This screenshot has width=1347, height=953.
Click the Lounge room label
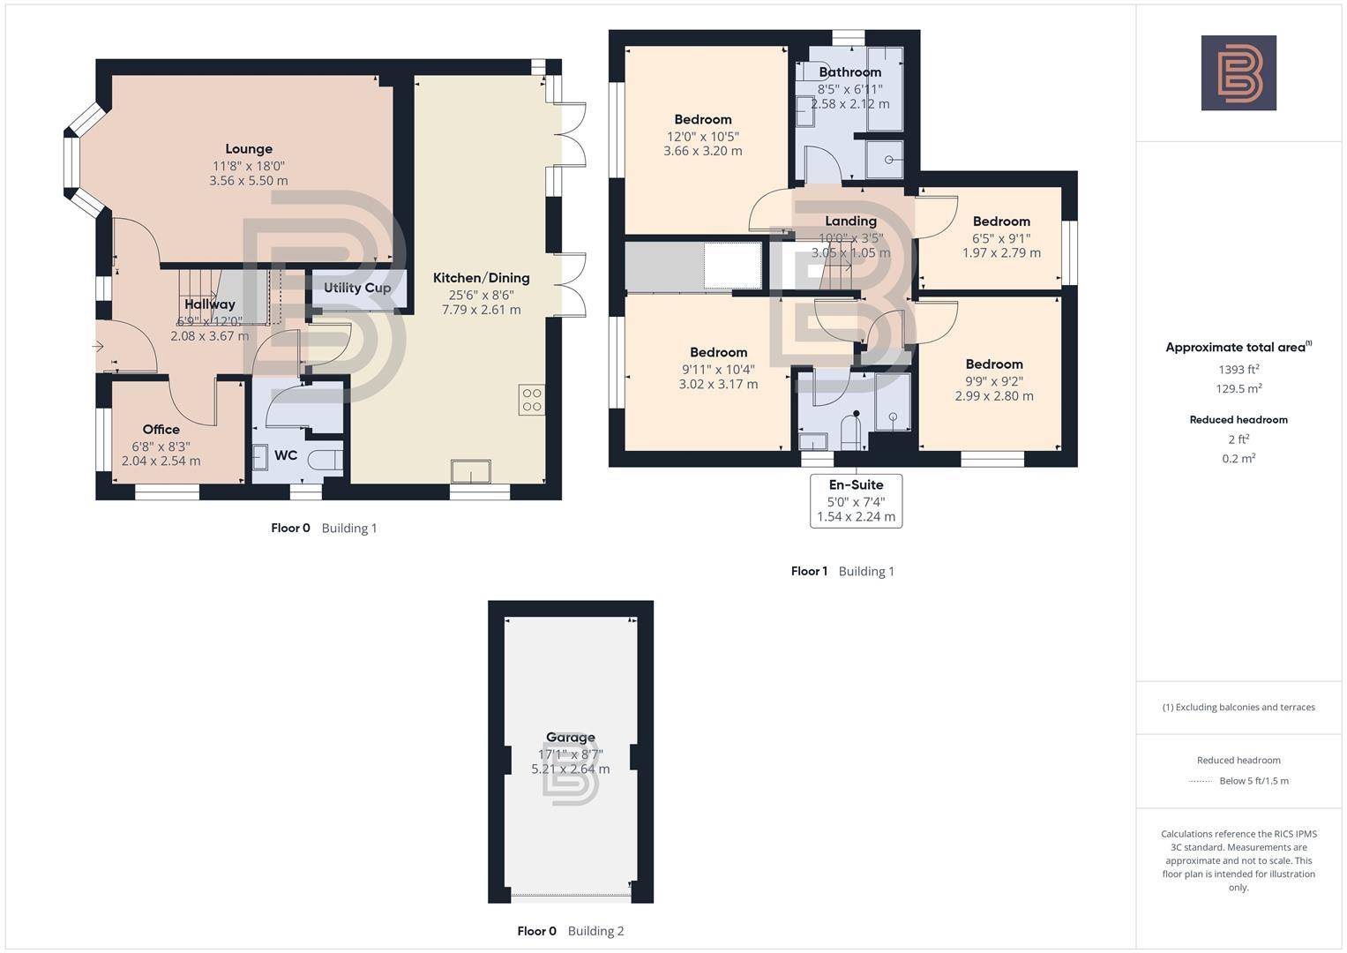248,149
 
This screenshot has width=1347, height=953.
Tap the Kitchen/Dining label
481,278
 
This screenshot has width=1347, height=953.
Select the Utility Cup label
356,288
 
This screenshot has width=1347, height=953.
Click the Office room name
161,430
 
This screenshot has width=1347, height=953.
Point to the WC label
286,455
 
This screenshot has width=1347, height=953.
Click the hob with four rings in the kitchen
531,401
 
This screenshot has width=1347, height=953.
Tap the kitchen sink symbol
471,472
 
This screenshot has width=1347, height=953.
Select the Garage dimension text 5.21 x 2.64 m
570,769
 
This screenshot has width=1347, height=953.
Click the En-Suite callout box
856,500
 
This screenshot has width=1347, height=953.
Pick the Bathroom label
849,72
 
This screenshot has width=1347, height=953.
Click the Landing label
850,221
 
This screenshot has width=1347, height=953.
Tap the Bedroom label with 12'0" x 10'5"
702,120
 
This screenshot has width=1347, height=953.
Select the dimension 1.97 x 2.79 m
1001,253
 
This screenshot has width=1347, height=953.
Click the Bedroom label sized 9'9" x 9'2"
994,364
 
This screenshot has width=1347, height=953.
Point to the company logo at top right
1238,72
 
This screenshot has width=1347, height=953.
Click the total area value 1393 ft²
1238,370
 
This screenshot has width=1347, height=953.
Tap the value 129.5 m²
1238,389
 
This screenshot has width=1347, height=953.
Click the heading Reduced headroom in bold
1238,420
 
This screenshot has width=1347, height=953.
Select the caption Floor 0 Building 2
570,931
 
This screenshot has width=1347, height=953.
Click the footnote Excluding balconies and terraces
1238,707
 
